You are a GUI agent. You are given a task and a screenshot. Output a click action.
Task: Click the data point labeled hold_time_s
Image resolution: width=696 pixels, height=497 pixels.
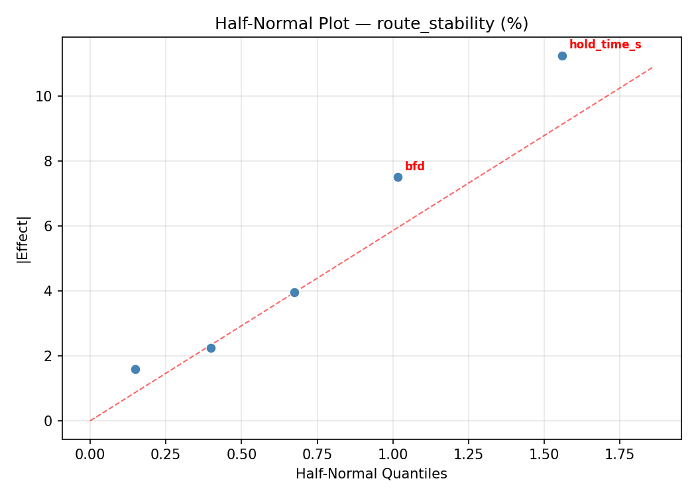(562, 56)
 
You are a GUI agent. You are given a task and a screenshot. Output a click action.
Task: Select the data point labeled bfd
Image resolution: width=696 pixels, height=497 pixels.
(398, 177)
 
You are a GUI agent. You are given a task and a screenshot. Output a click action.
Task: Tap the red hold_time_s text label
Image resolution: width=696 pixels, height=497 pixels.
(605, 44)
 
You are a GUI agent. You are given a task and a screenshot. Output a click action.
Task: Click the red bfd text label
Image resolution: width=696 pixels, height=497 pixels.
(414, 166)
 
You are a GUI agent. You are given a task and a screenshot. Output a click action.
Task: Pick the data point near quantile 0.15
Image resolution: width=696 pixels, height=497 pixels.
(135, 369)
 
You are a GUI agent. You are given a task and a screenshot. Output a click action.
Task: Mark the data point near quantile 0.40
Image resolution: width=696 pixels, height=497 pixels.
(211, 348)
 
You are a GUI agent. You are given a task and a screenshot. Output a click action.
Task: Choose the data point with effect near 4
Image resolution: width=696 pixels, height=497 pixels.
(294, 292)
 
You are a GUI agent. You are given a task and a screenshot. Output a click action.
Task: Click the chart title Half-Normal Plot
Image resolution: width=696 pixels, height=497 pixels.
(371, 24)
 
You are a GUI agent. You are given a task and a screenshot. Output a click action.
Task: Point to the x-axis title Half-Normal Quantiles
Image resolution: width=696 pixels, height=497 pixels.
(371, 474)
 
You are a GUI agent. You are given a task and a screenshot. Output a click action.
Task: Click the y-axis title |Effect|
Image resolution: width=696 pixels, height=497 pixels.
(23, 239)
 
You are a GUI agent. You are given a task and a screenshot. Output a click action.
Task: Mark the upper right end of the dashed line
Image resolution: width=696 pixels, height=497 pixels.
(653, 67)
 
